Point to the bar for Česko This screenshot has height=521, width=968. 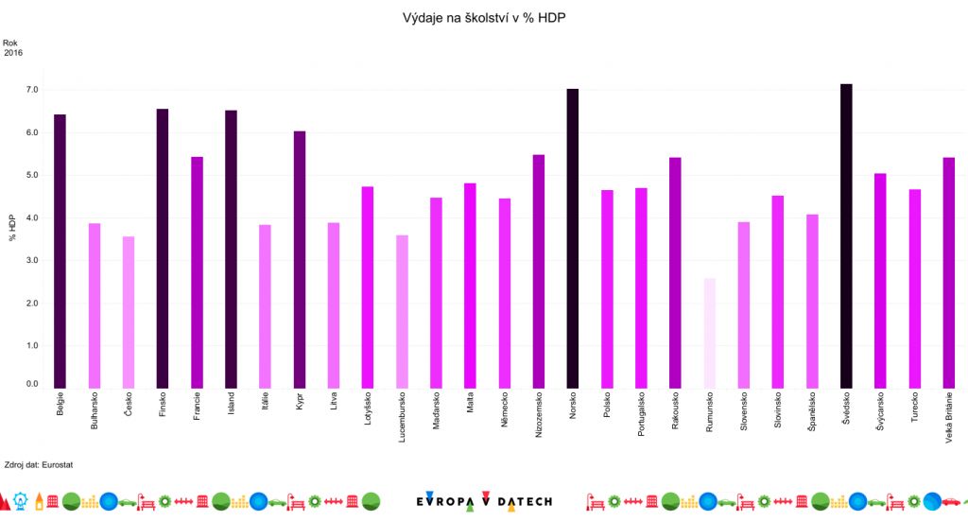click(x=129, y=312)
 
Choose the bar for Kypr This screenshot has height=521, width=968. click(x=300, y=260)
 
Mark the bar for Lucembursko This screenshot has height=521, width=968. click(x=402, y=312)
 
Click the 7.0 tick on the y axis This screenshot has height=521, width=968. click(x=32, y=90)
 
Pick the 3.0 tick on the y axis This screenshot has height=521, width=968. click(x=32, y=260)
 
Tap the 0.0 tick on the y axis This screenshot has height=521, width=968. click(x=32, y=385)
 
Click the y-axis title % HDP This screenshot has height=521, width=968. click(x=12, y=227)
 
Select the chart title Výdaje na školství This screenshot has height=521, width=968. click(x=484, y=18)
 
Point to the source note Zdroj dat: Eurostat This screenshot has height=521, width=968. click(x=39, y=465)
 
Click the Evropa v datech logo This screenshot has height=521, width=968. click(x=484, y=500)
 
